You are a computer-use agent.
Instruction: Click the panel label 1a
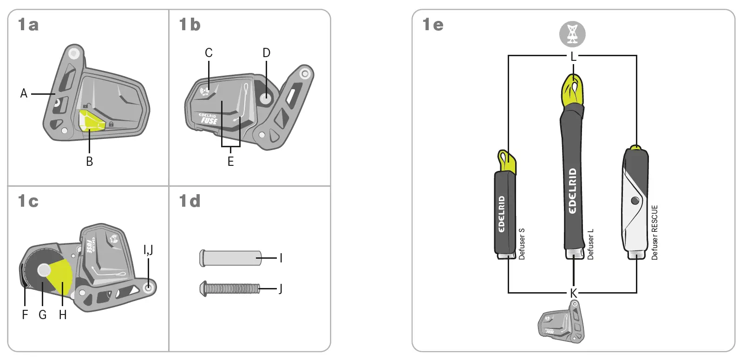(x=28, y=24)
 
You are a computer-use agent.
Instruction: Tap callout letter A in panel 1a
(x=24, y=93)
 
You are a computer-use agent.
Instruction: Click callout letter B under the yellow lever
(x=89, y=161)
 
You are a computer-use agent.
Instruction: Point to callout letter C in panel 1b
(x=209, y=53)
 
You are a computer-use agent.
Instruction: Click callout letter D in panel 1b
(x=266, y=53)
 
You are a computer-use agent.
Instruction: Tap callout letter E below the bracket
(x=230, y=161)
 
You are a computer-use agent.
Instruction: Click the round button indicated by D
(x=266, y=98)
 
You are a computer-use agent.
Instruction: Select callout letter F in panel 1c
(x=25, y=314)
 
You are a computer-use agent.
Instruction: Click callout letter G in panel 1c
(x=42, y=314)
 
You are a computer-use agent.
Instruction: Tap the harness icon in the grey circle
(x=572, y=34)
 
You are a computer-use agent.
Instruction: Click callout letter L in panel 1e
(x=573, y=57)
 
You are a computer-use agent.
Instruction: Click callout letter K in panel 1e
(x=573, y=293)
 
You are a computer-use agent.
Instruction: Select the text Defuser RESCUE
(x=654, y=232)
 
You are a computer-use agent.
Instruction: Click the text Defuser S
(x=522, y=243)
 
